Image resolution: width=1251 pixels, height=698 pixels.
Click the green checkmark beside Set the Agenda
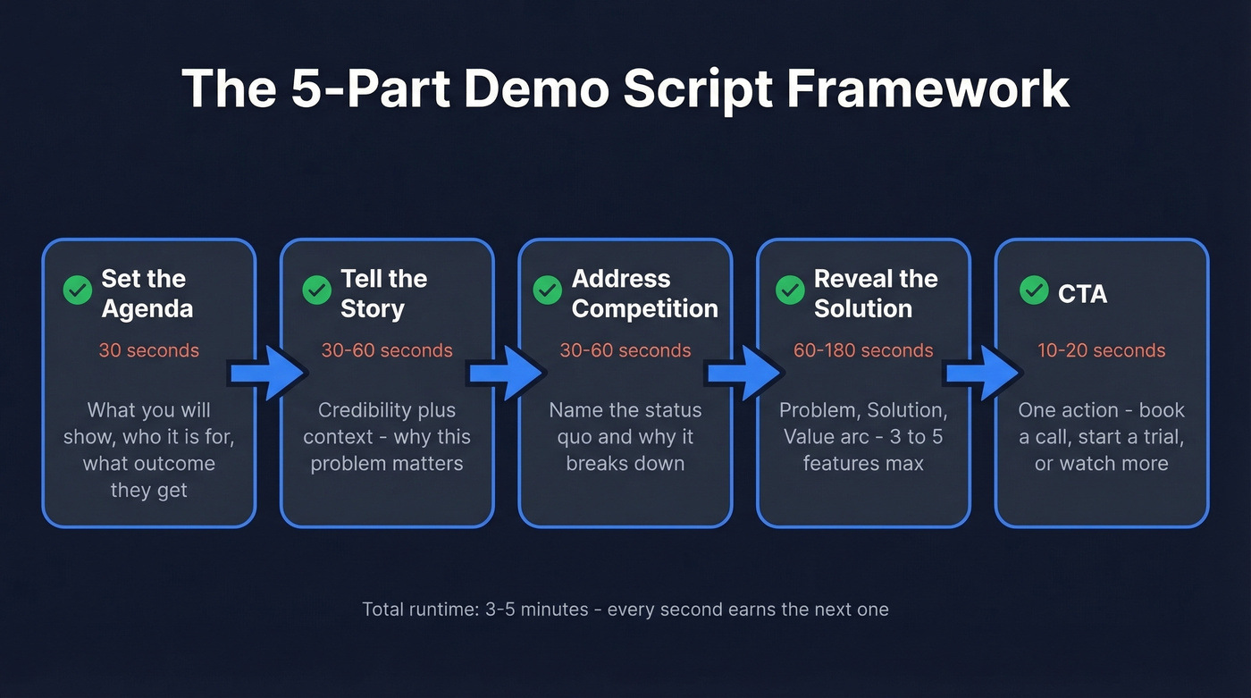coord(78,290)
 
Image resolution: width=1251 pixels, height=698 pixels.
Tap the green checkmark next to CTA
coord(1034,290)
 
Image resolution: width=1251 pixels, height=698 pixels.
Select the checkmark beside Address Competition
coord(547,290)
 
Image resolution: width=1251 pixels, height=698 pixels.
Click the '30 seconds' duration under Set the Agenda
coord(149,350)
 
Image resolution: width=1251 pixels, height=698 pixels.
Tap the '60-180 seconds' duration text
coord(863,350)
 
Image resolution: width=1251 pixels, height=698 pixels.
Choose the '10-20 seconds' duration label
coord(1101,350)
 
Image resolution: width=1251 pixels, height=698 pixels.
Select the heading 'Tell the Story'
coord(384,293)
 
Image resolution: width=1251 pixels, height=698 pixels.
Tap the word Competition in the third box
coord(644,308)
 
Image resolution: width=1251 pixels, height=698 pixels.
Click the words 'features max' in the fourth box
coord(863,464)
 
